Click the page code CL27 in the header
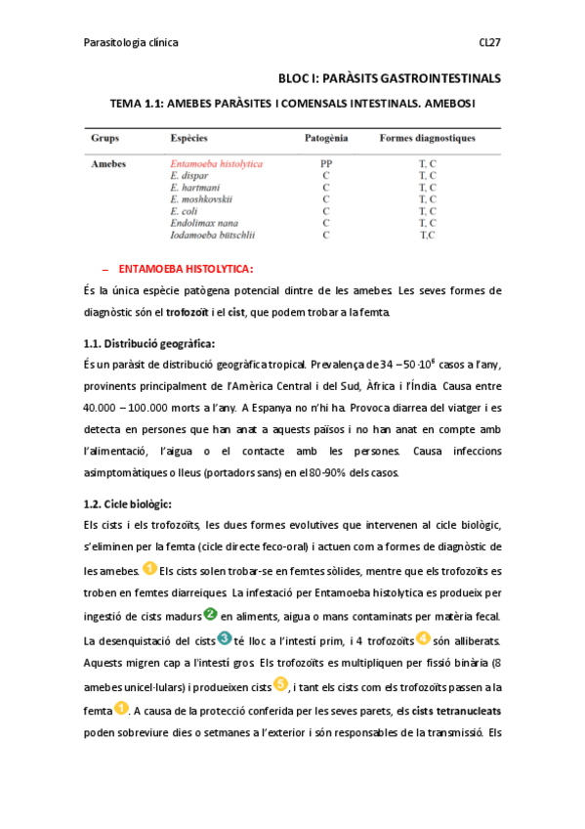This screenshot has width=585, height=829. [489, 43]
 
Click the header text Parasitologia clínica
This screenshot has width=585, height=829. [131, 43]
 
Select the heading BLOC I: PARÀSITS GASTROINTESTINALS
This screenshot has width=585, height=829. [389, 77]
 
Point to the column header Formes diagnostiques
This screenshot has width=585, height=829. [427, 139]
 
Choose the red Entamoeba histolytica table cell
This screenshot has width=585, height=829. [216, 164]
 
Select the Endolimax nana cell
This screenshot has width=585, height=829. [203, 223]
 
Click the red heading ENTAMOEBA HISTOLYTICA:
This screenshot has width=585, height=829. [186, 268]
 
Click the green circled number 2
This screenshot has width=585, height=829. [209, 614]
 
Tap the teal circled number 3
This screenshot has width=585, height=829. [225, 638]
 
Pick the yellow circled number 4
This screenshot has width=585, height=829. [423, 638]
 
